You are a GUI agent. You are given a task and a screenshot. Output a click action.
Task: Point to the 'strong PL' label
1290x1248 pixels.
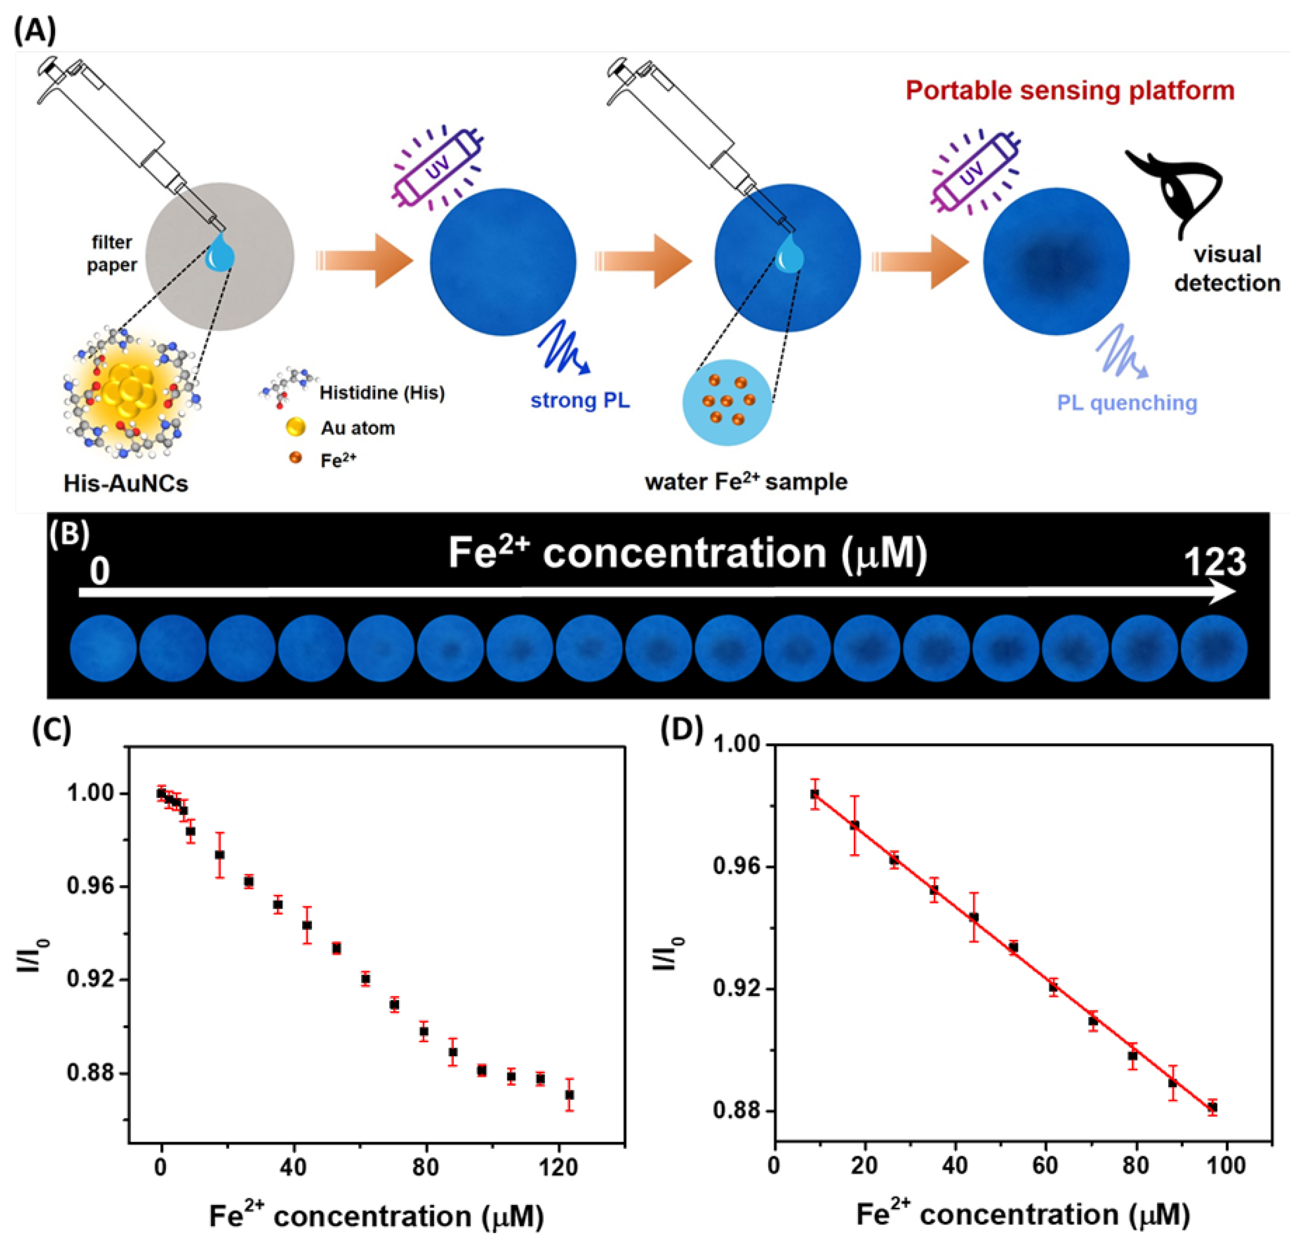pos(580,400)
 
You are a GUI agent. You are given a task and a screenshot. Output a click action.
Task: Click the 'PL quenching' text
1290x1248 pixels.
pos(1127,403)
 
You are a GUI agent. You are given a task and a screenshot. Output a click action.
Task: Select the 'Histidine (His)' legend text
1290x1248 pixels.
pos(382,393)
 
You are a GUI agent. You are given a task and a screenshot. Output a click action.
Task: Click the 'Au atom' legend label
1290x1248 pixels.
pos(357,428)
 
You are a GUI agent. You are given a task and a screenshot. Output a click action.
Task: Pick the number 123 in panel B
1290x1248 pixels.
pos(1214,563)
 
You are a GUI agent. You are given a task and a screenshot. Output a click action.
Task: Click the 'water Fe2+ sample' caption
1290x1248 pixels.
pos(746,482)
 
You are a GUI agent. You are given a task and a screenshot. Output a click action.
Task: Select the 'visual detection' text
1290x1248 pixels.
pos(1227,269)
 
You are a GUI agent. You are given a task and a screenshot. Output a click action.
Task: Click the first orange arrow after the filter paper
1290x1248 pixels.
pos(365,260)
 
